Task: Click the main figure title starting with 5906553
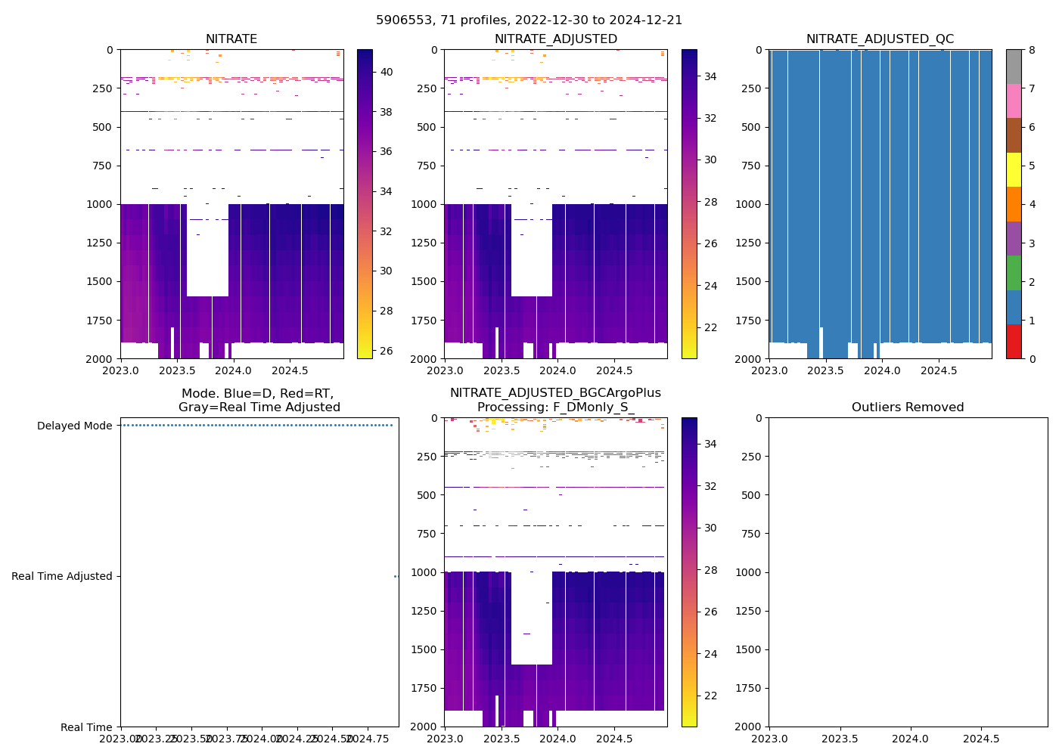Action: click(529, 20)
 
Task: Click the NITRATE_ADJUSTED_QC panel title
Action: click(880, 39)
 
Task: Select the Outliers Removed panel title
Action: click(908, 407)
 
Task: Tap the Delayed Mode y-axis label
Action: click(74, 426)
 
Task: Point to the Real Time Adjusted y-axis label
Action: click(61, 576)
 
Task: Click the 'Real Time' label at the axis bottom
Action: click(86, 727)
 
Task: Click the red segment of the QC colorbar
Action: click(1014, 342)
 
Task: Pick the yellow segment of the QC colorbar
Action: click(1014, 170)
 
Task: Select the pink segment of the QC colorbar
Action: click(1014, 101)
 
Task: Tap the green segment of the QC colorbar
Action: click(1014, 273)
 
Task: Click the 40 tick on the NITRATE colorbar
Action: click(386, 72)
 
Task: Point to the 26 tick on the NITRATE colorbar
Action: click(386, 351)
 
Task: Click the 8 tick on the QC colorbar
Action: click(1032, 50)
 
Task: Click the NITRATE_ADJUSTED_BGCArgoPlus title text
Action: click(555, 393)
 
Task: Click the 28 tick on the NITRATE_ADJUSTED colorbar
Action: click(710, 202)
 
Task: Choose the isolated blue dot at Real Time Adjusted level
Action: click(396, 576)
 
